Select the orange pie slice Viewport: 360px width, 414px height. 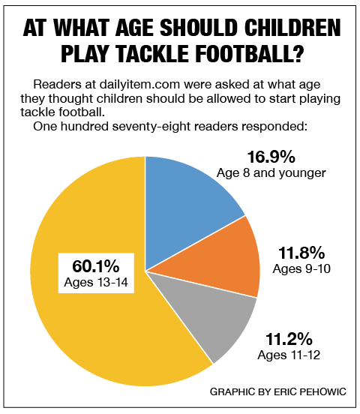(x=225, y=259)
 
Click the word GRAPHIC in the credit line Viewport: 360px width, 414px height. (x=230, y=392)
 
